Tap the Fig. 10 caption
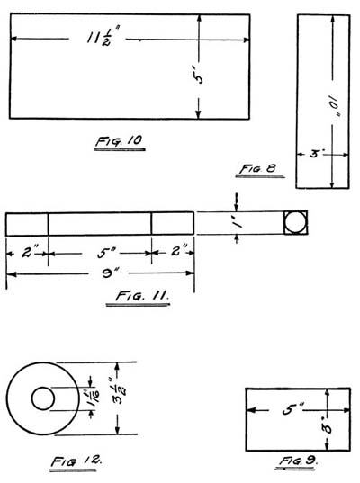[119, 141]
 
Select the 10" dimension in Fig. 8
[334, 105]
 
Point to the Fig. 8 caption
[258, 169]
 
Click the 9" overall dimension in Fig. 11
[109, 273]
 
